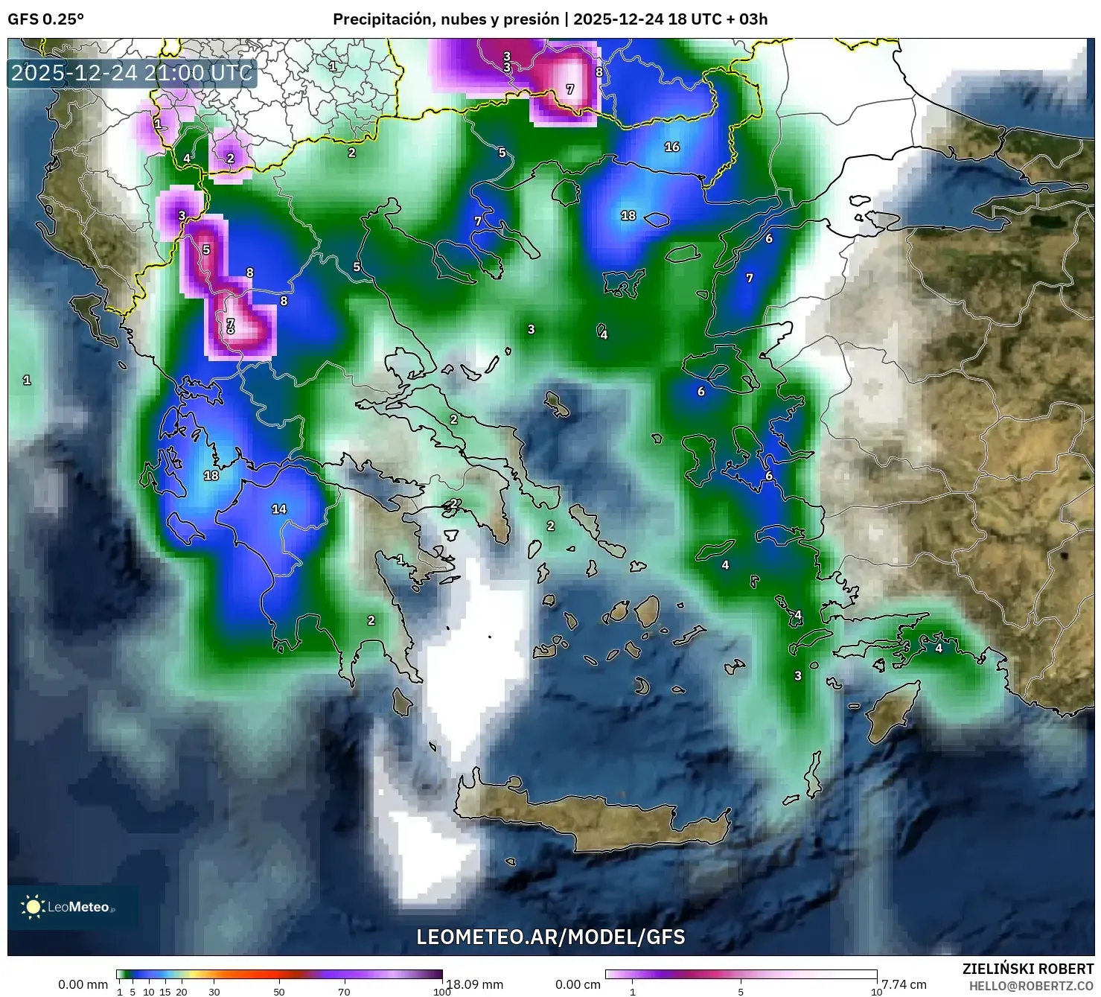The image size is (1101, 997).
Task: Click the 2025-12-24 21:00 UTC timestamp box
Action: click(x=132, y=73)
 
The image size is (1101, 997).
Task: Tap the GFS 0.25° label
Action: click(x=45, y=19)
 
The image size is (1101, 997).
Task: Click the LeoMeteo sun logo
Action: click(x=33, y=906)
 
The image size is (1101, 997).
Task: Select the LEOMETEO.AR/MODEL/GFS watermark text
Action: click(x=550, y=937)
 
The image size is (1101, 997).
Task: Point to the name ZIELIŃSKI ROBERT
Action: click(x=1027, y=969)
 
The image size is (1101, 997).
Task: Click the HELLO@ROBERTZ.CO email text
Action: click(x=1031, y=986)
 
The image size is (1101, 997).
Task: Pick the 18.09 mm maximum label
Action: click(x=474, y=984)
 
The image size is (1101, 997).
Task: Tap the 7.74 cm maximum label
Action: click(x=904, y=984)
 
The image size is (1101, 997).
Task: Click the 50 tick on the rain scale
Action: click(x=279, y=991)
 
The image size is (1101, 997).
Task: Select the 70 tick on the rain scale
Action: click(x=344, y=991)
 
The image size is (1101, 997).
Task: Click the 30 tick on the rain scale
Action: click(x=214, y=991)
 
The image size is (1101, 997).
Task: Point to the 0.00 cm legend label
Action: click(x=578, y=984)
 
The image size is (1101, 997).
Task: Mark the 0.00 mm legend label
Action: click(x=83, y=984)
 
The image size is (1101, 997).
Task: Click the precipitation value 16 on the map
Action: click(x=672, y=147)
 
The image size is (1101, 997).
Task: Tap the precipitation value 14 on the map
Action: click(x=279, y=509)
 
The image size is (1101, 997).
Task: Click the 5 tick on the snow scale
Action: click(x=741, y=991)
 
